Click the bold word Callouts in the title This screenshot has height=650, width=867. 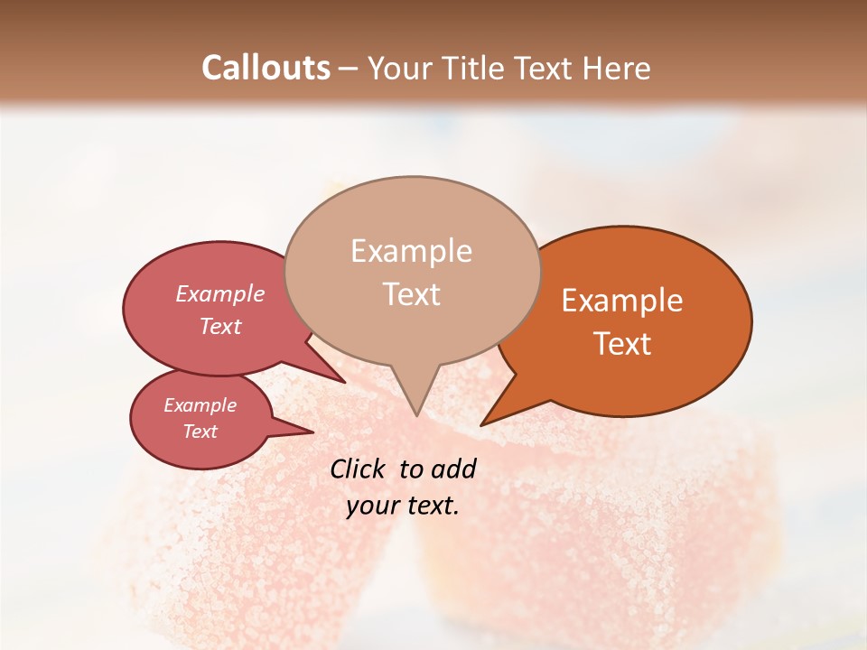(x=266, y=68)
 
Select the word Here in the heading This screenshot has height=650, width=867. (x=617, y=68)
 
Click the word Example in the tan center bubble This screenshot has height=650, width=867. (x=411, y=251)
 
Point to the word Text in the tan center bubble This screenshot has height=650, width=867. (x=411, y=294)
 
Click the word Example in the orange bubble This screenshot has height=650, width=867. (x=622, y=301)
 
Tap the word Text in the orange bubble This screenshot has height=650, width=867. (x=622, y=344)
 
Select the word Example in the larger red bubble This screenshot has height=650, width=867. (x=219, y=294)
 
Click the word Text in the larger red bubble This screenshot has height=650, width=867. (x=219, y=327)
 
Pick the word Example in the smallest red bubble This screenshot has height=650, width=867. (x=200, y=405)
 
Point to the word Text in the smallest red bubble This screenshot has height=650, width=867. (x=200, y=432)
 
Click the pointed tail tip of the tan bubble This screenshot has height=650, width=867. (x=415, y=415)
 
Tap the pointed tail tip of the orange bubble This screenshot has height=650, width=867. (x=481, y=424)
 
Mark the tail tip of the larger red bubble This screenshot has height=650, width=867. (x=345, y=382)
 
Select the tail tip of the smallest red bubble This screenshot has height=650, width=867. (x=313, y=432)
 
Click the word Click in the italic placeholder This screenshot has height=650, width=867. (x=359, y=469)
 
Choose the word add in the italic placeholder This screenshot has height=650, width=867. (x=453, y=469)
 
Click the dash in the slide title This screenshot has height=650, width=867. (x=349, y=70)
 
